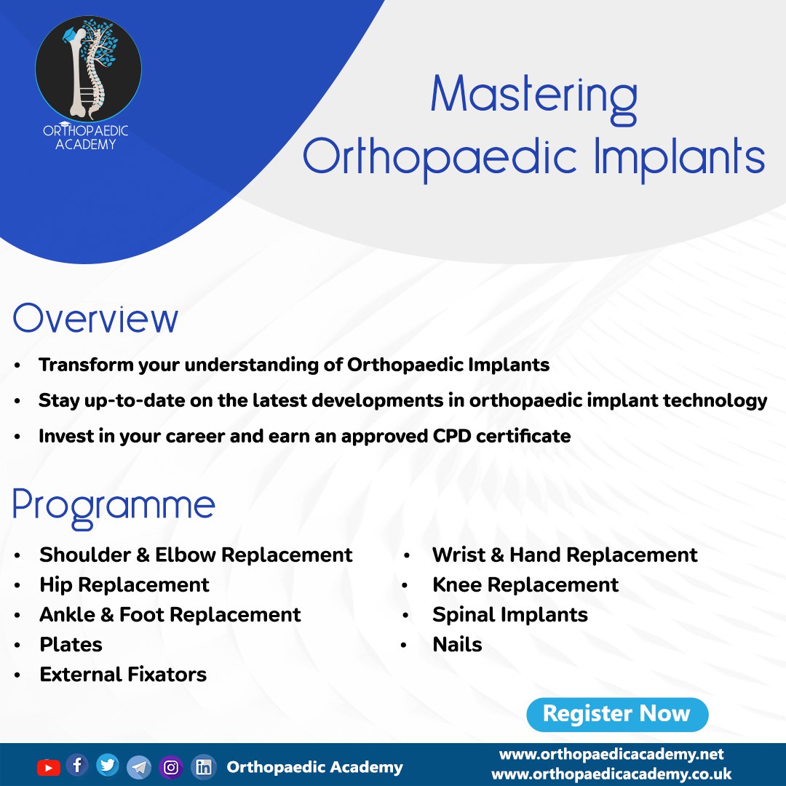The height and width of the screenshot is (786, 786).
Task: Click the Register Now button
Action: click(616, 714)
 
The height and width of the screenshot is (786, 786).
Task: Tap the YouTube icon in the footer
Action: click(48, 767)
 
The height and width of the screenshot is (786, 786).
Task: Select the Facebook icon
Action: click(77, 765)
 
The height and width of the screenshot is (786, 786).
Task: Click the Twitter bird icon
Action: click(108, 765)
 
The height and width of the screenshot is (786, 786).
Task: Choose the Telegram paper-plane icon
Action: click(139, 767)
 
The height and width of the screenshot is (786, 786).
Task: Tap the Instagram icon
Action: click(171, 767)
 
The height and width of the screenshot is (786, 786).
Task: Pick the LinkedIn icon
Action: click(204, 767)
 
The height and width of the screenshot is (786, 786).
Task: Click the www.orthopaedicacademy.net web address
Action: click(611, 754)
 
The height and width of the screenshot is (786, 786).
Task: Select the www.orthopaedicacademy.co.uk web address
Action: click(611, 774)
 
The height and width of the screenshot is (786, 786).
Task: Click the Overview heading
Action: click(95, 319)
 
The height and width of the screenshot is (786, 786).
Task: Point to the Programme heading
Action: click(114, 505)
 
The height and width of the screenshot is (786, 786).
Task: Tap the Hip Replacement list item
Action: click(124, 584)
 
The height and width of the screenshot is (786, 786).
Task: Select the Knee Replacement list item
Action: click(525, 584)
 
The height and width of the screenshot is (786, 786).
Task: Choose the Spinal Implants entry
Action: click(509, 614)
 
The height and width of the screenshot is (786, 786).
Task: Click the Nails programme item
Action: click(457, 644)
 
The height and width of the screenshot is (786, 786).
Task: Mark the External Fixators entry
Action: click(123, 674)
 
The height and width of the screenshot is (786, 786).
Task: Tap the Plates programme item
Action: click(71, 644)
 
